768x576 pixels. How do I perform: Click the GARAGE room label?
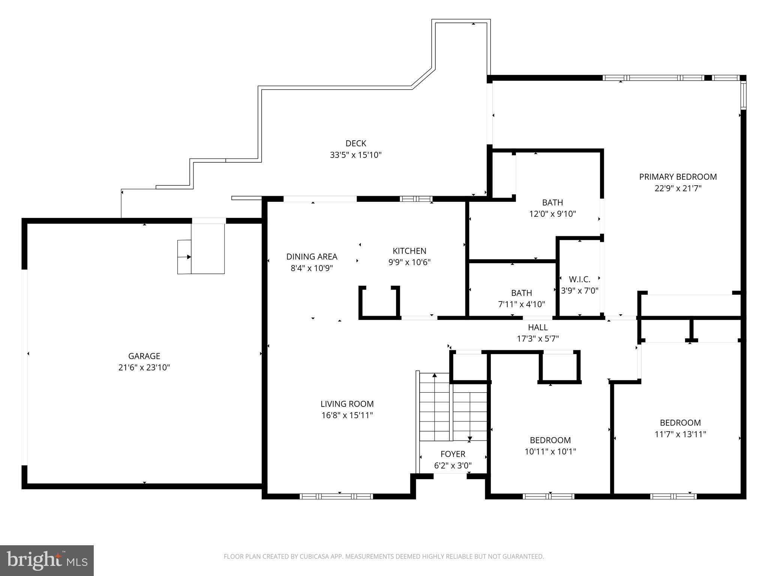pyautogui.click(x=144, y=356)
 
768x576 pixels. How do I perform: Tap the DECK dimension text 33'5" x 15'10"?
pyautogui.click(x=355, y=155)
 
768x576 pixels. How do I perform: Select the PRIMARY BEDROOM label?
pyautogui.click(x=678, y=177)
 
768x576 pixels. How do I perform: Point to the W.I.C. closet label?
pyautogui.click(x=579, y=279)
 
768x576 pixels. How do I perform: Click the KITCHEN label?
pyautogui.click(x=409, y=251)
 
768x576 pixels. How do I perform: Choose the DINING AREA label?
pyautogui.click(x=312, y=256)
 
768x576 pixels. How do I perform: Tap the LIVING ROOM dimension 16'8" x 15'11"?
pyautogui.click(x=347, y=415)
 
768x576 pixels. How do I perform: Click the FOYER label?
pyautogui.click(x=453, y=454)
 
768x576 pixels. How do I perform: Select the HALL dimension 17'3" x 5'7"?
pyautogui.click(x=538, y=339)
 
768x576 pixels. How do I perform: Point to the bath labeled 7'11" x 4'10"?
pyautogui.click(x=521, y=298)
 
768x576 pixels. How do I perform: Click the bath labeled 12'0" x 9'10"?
pyautogui.click(x=552, y=208)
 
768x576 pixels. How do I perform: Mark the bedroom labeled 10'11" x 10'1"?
pyautogui.click(x=550, y=445)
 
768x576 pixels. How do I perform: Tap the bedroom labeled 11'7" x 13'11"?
pyautogui.click(x=680, y=428)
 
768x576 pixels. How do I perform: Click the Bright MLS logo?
pyautogui.click(x=47, y=561)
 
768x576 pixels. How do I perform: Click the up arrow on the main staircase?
pyautogui.click(x=435, y=375)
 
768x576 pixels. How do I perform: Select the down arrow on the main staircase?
pyautogui.click(x=469, y=438)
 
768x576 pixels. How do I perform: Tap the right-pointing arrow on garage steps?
pyautogui.click(x=189, y=257)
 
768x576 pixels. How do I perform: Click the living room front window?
pyautogui.click(x=336, y=496)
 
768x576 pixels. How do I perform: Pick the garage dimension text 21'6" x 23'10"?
pyautogui.click(x=144, y=367)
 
